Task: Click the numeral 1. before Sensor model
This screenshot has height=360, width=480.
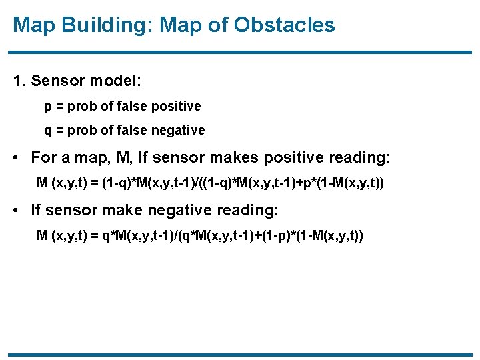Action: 19,81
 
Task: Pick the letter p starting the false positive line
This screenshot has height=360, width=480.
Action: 48,107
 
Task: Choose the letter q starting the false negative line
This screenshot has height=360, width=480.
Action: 48,131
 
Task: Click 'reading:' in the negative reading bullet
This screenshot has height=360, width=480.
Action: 246,211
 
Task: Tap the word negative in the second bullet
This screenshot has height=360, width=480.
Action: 163,211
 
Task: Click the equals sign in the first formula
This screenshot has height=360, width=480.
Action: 93,182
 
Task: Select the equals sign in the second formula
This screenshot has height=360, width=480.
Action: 93,235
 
